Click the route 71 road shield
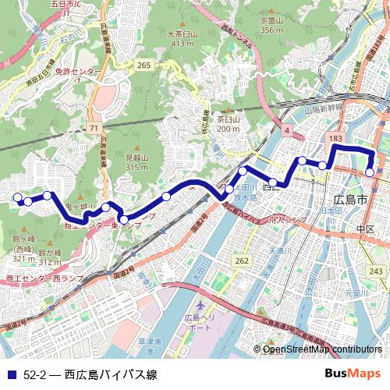click(94, 127)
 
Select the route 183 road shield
click(336, 138)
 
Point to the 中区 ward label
click(365, 229)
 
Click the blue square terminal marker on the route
click(371, 173)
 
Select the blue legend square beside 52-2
click(11, 375)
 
